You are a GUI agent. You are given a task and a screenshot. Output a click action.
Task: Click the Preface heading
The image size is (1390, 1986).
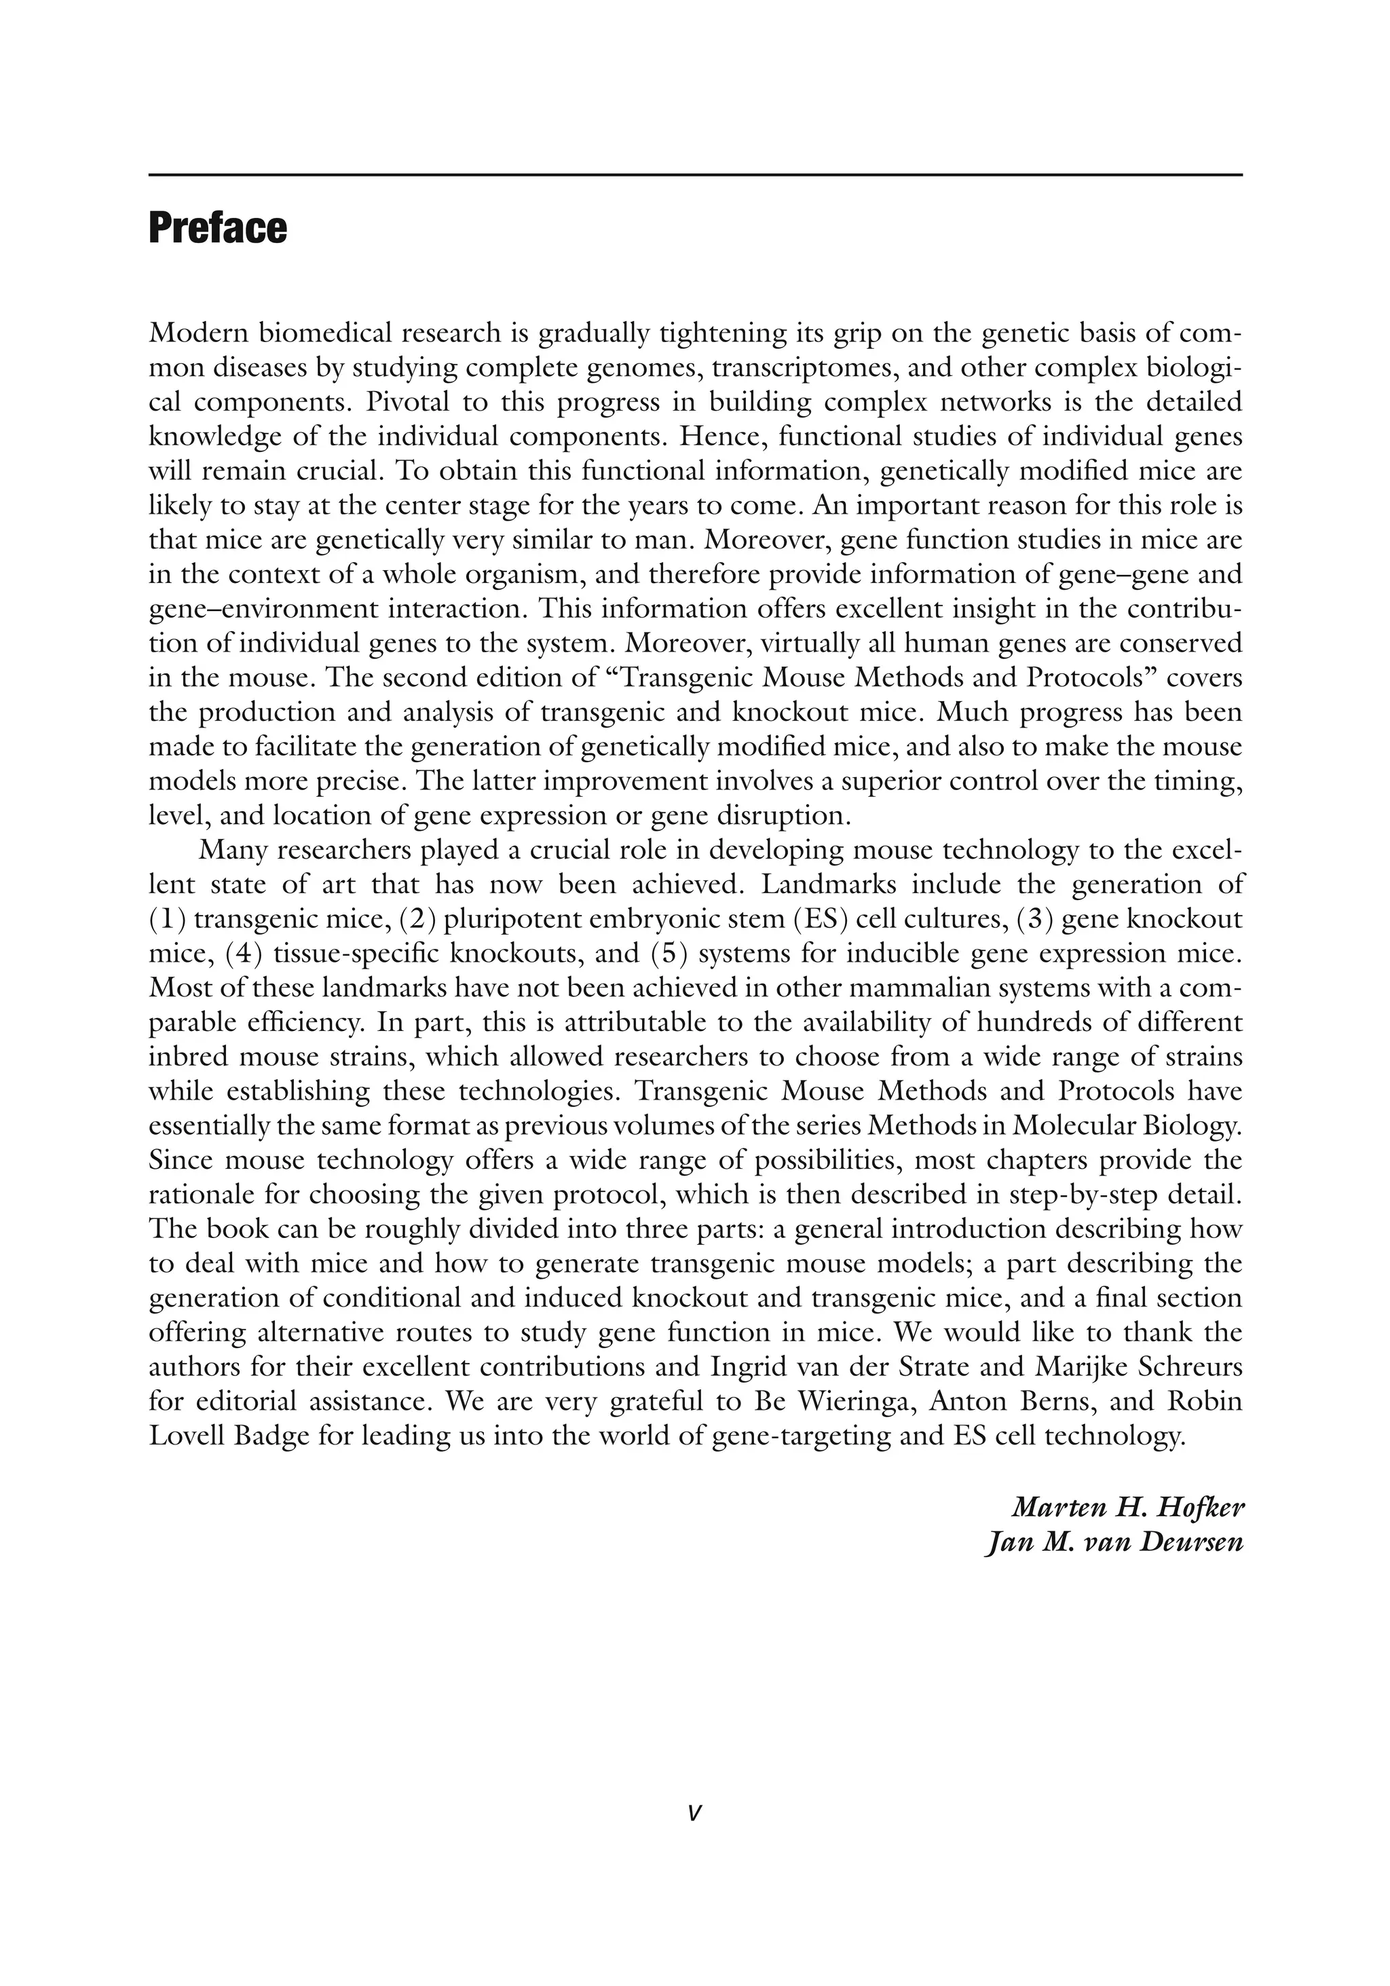[217, 228]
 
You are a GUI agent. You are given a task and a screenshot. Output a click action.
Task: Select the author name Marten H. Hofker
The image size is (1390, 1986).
[1127, 1507]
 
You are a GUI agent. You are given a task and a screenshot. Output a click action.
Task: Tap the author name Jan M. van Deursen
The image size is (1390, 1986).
[1114, 1542]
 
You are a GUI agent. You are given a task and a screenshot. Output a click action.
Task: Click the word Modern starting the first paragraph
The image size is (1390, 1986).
[198, 333]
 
